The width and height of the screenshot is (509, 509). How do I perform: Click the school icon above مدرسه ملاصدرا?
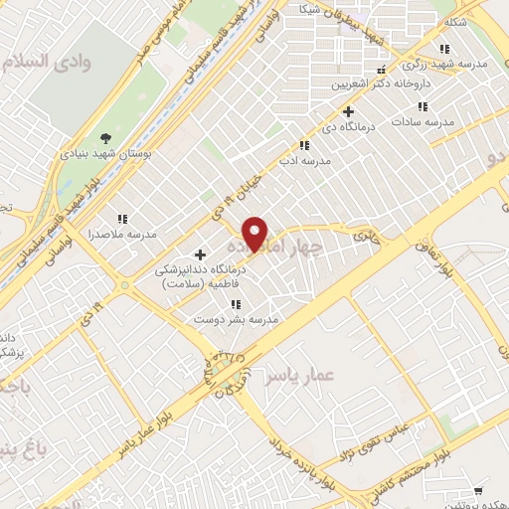[x=122, y=219]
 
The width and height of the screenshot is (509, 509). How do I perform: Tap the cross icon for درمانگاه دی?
[x=348, y=111]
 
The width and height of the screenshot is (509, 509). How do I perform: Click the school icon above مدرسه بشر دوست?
[x=236, y=304]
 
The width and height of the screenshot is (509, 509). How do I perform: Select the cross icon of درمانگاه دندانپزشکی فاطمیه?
[x=201, y=255]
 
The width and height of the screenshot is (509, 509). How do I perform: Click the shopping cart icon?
[x=479, y=490]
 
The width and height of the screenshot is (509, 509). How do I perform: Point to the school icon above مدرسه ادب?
[x=303, y=145]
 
